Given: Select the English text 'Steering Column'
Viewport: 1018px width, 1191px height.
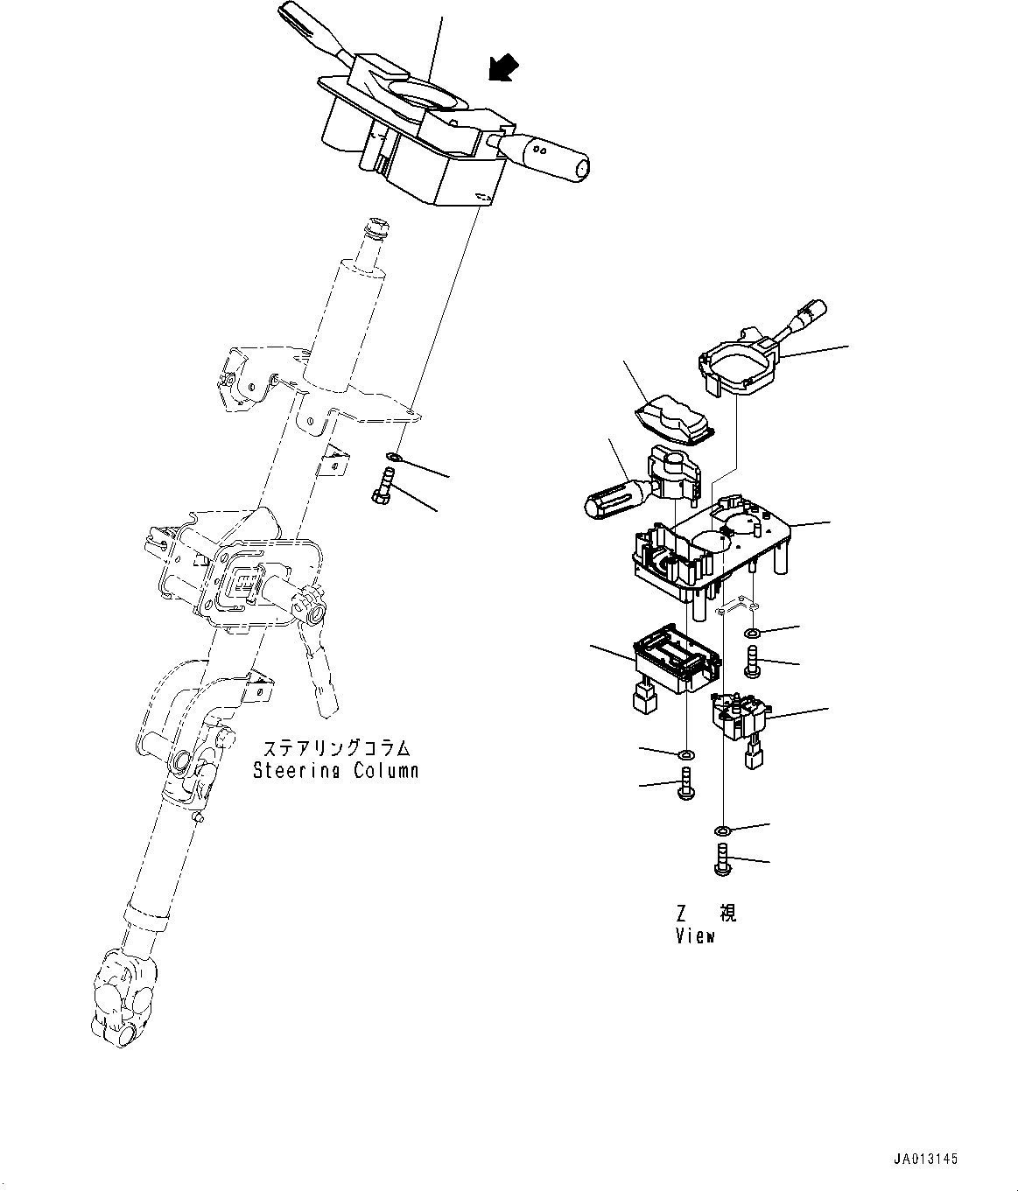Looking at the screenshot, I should (x=335, y=771).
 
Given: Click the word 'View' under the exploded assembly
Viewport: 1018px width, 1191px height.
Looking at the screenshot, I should (x=695, y=935).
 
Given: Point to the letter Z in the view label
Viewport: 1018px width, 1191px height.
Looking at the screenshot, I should (x=681, y=914).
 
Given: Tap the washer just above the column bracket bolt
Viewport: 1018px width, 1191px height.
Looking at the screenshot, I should (x=394, y=457).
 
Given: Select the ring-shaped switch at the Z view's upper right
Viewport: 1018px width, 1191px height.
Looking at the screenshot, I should (x=739, y=362).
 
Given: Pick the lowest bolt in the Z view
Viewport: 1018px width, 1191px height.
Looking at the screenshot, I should (x=722, y=859).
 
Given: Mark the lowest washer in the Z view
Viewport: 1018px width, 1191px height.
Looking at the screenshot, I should (x=723, y=830).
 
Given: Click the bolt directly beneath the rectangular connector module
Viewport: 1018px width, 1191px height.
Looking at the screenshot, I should (x=685, y=782).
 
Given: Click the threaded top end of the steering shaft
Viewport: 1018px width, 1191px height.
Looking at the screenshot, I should (x=376, y=229).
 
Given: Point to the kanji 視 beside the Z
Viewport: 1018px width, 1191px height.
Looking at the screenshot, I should (x=727, y=914).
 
